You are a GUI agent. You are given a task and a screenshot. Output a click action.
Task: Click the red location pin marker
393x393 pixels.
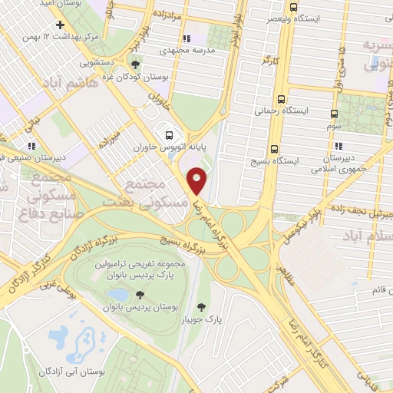(197, 180)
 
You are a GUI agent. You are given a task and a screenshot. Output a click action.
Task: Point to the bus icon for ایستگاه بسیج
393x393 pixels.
(274, 150)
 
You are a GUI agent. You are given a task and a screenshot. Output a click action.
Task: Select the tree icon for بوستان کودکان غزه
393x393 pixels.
(136, 64)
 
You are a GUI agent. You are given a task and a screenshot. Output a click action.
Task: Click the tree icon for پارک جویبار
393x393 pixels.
(202, 307)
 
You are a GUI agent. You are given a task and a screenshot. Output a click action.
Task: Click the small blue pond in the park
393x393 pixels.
(118, 295)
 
